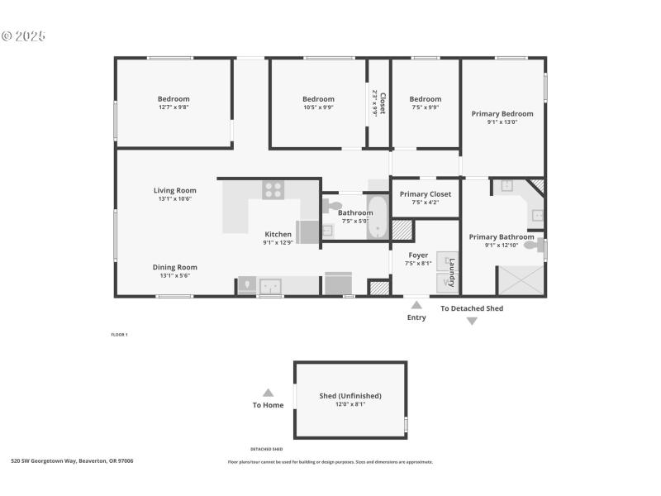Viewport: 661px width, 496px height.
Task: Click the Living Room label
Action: pyautogui.click(x=174, y=190)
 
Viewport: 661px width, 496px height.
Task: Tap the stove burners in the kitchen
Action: pyautogui.click(x=273, y=189)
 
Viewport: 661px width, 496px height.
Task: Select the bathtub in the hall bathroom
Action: pyautogui.click(x=378, y=217)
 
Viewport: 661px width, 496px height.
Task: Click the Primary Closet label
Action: pyautogui.click(x=425, y=194)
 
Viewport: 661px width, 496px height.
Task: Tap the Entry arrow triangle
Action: pyautogui.click(x=416, y=305)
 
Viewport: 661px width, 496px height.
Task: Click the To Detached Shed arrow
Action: pyautogui.click(x=472, y=321)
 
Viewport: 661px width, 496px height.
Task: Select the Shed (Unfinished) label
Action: pyautogui.click(x=350, y=396)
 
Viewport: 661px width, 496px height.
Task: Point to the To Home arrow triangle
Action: pyautogui.click(x=268, y=393)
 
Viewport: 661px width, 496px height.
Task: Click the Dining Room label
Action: pyautogui.click(x=174, y=267)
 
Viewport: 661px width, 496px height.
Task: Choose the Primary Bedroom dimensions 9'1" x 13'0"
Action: pyautogui.click(x=502, y=122)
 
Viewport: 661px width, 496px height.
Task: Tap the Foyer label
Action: pyautogui.click(x=418, y=255)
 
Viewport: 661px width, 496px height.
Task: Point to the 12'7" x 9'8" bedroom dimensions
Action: pyautogui.click(x=174, y=107)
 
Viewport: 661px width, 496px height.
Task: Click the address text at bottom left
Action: pyautogui.click(x=72, y=460)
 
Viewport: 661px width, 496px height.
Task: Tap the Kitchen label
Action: pyautogui.click(x=278, y=234)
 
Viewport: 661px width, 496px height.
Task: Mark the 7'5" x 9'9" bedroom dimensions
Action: pyautogui.click(x=425, y=107)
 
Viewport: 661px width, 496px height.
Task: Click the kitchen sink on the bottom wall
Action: pyautogui.click(x=269, y=286)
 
